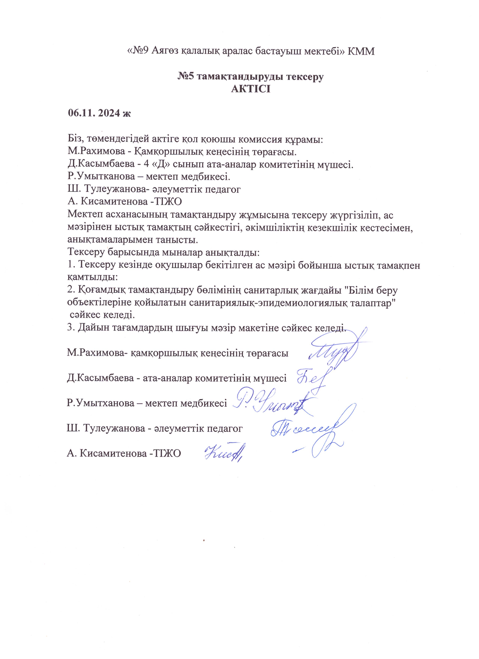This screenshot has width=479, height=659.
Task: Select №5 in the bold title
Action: (187, 77)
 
